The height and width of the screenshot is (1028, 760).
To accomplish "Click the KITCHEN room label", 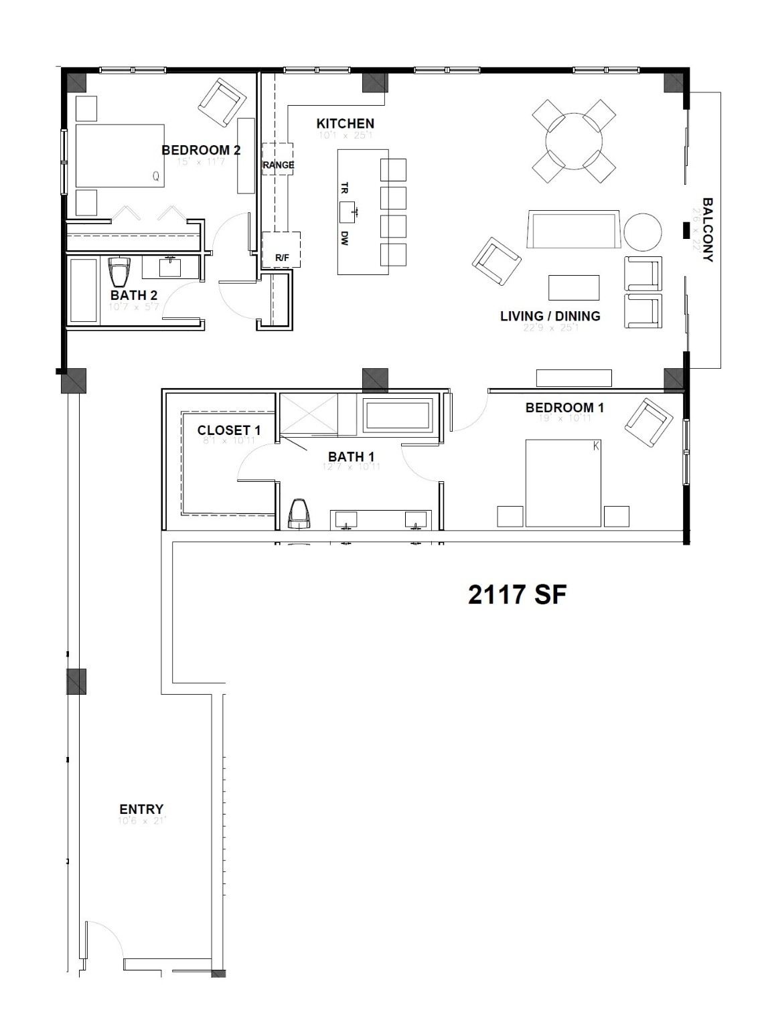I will click(345, 124).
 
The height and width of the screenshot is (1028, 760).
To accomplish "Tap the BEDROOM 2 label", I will click(201, 150).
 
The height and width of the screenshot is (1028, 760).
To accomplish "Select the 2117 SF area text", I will click(517, 594).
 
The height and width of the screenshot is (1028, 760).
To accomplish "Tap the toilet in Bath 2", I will click(120, 272).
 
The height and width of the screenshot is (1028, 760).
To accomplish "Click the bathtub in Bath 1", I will click(398, 415).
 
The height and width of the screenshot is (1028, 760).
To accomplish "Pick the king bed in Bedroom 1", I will click(562, 482).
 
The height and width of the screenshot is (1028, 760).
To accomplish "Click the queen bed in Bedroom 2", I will click(120, 155).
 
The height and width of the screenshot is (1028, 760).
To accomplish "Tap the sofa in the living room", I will click(574, 230).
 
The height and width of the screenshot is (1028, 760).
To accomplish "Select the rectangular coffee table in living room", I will click(574, 287).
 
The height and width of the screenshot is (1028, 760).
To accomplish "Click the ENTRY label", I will click(141, 809).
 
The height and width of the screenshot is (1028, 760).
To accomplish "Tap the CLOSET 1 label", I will click(229, 430).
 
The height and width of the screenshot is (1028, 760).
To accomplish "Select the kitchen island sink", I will click(351, 212).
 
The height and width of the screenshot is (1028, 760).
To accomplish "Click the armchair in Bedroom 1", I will click(648, 422).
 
